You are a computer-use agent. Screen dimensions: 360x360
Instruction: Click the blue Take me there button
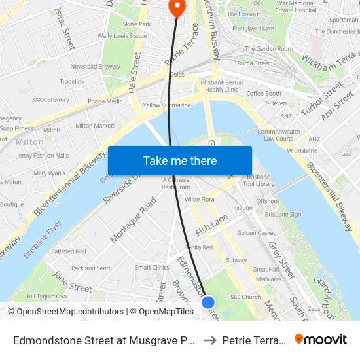pos(179,160)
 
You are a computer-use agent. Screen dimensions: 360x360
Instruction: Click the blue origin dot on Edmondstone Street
pos(208,302)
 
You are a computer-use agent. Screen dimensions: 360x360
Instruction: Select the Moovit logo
pos(320,340)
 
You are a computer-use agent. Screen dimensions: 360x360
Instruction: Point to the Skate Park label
pos(136,24)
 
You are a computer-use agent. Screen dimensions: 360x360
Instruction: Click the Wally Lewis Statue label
pos(122,36)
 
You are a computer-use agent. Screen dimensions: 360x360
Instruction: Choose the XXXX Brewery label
pos(50,100)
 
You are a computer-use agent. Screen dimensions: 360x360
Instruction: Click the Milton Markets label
pos(96,126)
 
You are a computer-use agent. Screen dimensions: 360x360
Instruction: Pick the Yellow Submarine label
pos(167,105)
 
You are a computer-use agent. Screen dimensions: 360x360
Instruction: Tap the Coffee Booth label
pos(263,94)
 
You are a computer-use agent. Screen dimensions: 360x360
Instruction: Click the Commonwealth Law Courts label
pos(279,135)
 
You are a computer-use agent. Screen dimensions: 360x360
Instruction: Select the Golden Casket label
pos(256,233)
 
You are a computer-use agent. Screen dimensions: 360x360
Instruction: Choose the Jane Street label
pos(71,282)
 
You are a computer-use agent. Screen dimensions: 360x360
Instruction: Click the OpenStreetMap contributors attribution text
pos(70,312)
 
